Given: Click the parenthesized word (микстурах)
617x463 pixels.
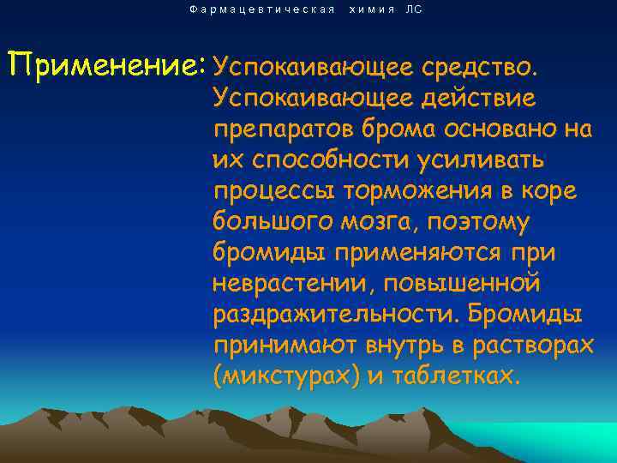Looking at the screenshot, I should pyautogui.click(x=286, y=378).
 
